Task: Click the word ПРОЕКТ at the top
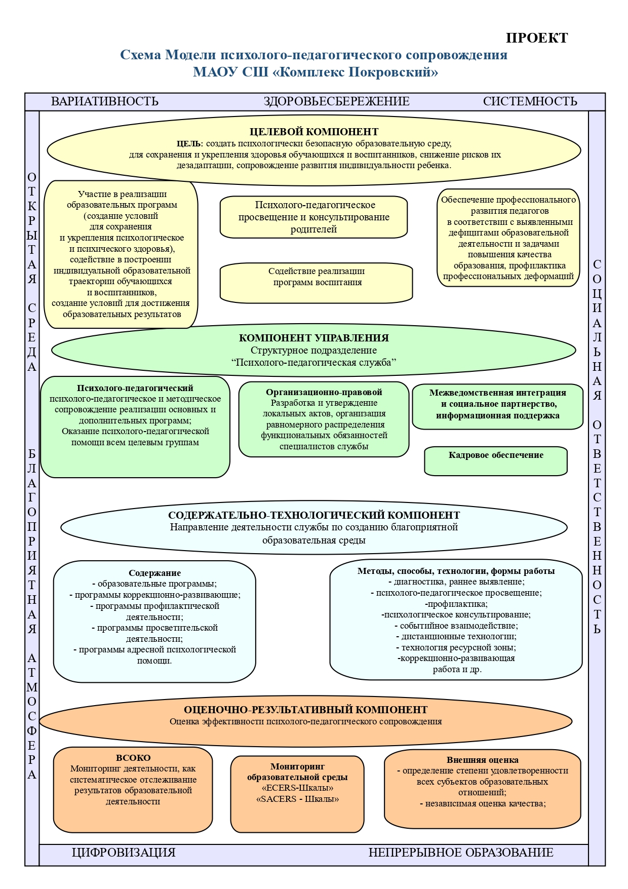[537, 38]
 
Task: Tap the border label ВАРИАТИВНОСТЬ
[105, 101]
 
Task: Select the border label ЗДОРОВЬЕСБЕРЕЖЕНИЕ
[336, 101]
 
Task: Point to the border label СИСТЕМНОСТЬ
[530, 101]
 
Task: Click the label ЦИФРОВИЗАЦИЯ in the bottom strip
[124, 853]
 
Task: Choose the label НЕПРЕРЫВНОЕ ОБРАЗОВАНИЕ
[461, 853]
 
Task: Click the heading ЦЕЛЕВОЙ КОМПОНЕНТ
[314, 132]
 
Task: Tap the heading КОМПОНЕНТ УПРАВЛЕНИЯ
[314, 338]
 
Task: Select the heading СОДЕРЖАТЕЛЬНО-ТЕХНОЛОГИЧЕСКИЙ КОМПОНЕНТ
[314, 515]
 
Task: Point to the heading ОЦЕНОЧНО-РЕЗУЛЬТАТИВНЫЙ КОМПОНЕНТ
[306, 710]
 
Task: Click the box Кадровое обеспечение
[496, 461]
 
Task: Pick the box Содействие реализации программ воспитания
[316, 283]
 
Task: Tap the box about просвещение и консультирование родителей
[314, 217]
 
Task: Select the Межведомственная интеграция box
[498, 407]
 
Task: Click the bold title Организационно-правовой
[324, 392]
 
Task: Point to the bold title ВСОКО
[133, 758]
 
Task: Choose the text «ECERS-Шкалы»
[298, 788]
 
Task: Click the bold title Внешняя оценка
[483, 760]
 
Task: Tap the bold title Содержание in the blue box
[154, 573]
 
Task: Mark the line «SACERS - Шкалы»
[298, 799]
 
